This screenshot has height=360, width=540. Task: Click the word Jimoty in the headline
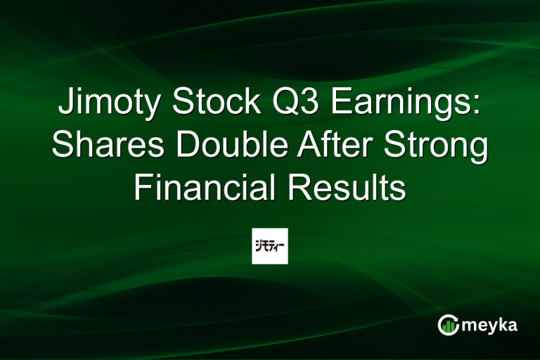[x=109, y=102]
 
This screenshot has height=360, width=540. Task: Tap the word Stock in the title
[x=217, y=101]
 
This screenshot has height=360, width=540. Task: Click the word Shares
[x=108, y=144]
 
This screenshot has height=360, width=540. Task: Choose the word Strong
[x=436, y=147]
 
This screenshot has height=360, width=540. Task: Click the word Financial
[x=205, y=187]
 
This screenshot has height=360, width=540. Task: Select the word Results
[x=347, y=187]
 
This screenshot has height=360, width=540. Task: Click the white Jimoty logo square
[x=270, y=246]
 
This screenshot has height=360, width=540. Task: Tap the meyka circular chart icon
[x=448, y=325]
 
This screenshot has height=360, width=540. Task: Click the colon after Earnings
[x=477, y=105]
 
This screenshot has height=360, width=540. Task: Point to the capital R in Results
[x=301, y=187]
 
